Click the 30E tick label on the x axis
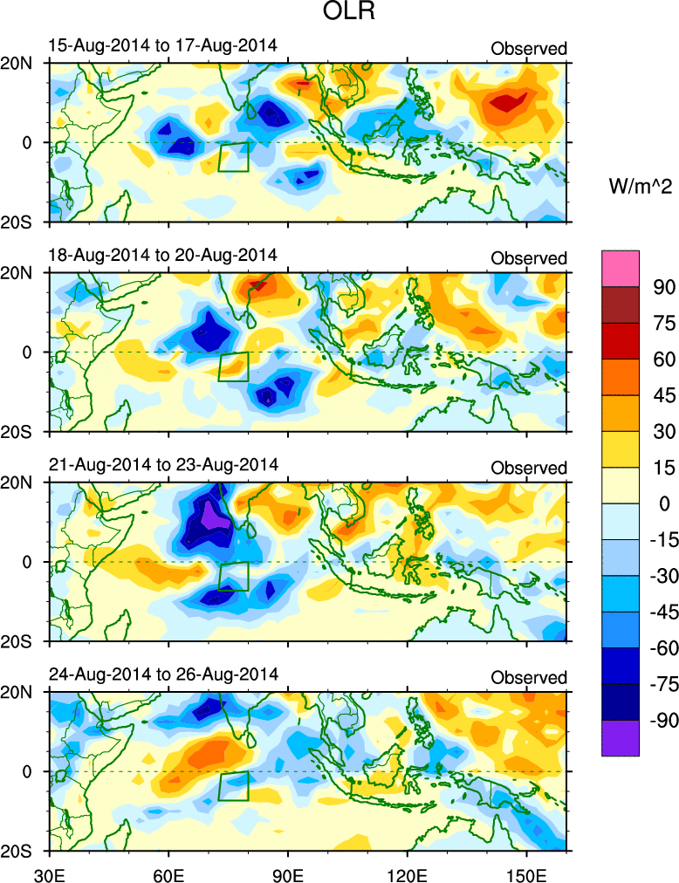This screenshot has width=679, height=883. (48, 872)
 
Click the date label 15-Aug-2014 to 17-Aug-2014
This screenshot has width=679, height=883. (161, 45)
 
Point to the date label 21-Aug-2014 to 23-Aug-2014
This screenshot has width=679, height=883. (161, 464)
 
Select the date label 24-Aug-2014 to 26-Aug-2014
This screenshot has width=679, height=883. (161, 674)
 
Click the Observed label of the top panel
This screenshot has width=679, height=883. (529, 49)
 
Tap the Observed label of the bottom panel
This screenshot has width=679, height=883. (529, 678)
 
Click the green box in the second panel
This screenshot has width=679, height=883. (233, 366)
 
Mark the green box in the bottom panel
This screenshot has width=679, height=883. (233, 785)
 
